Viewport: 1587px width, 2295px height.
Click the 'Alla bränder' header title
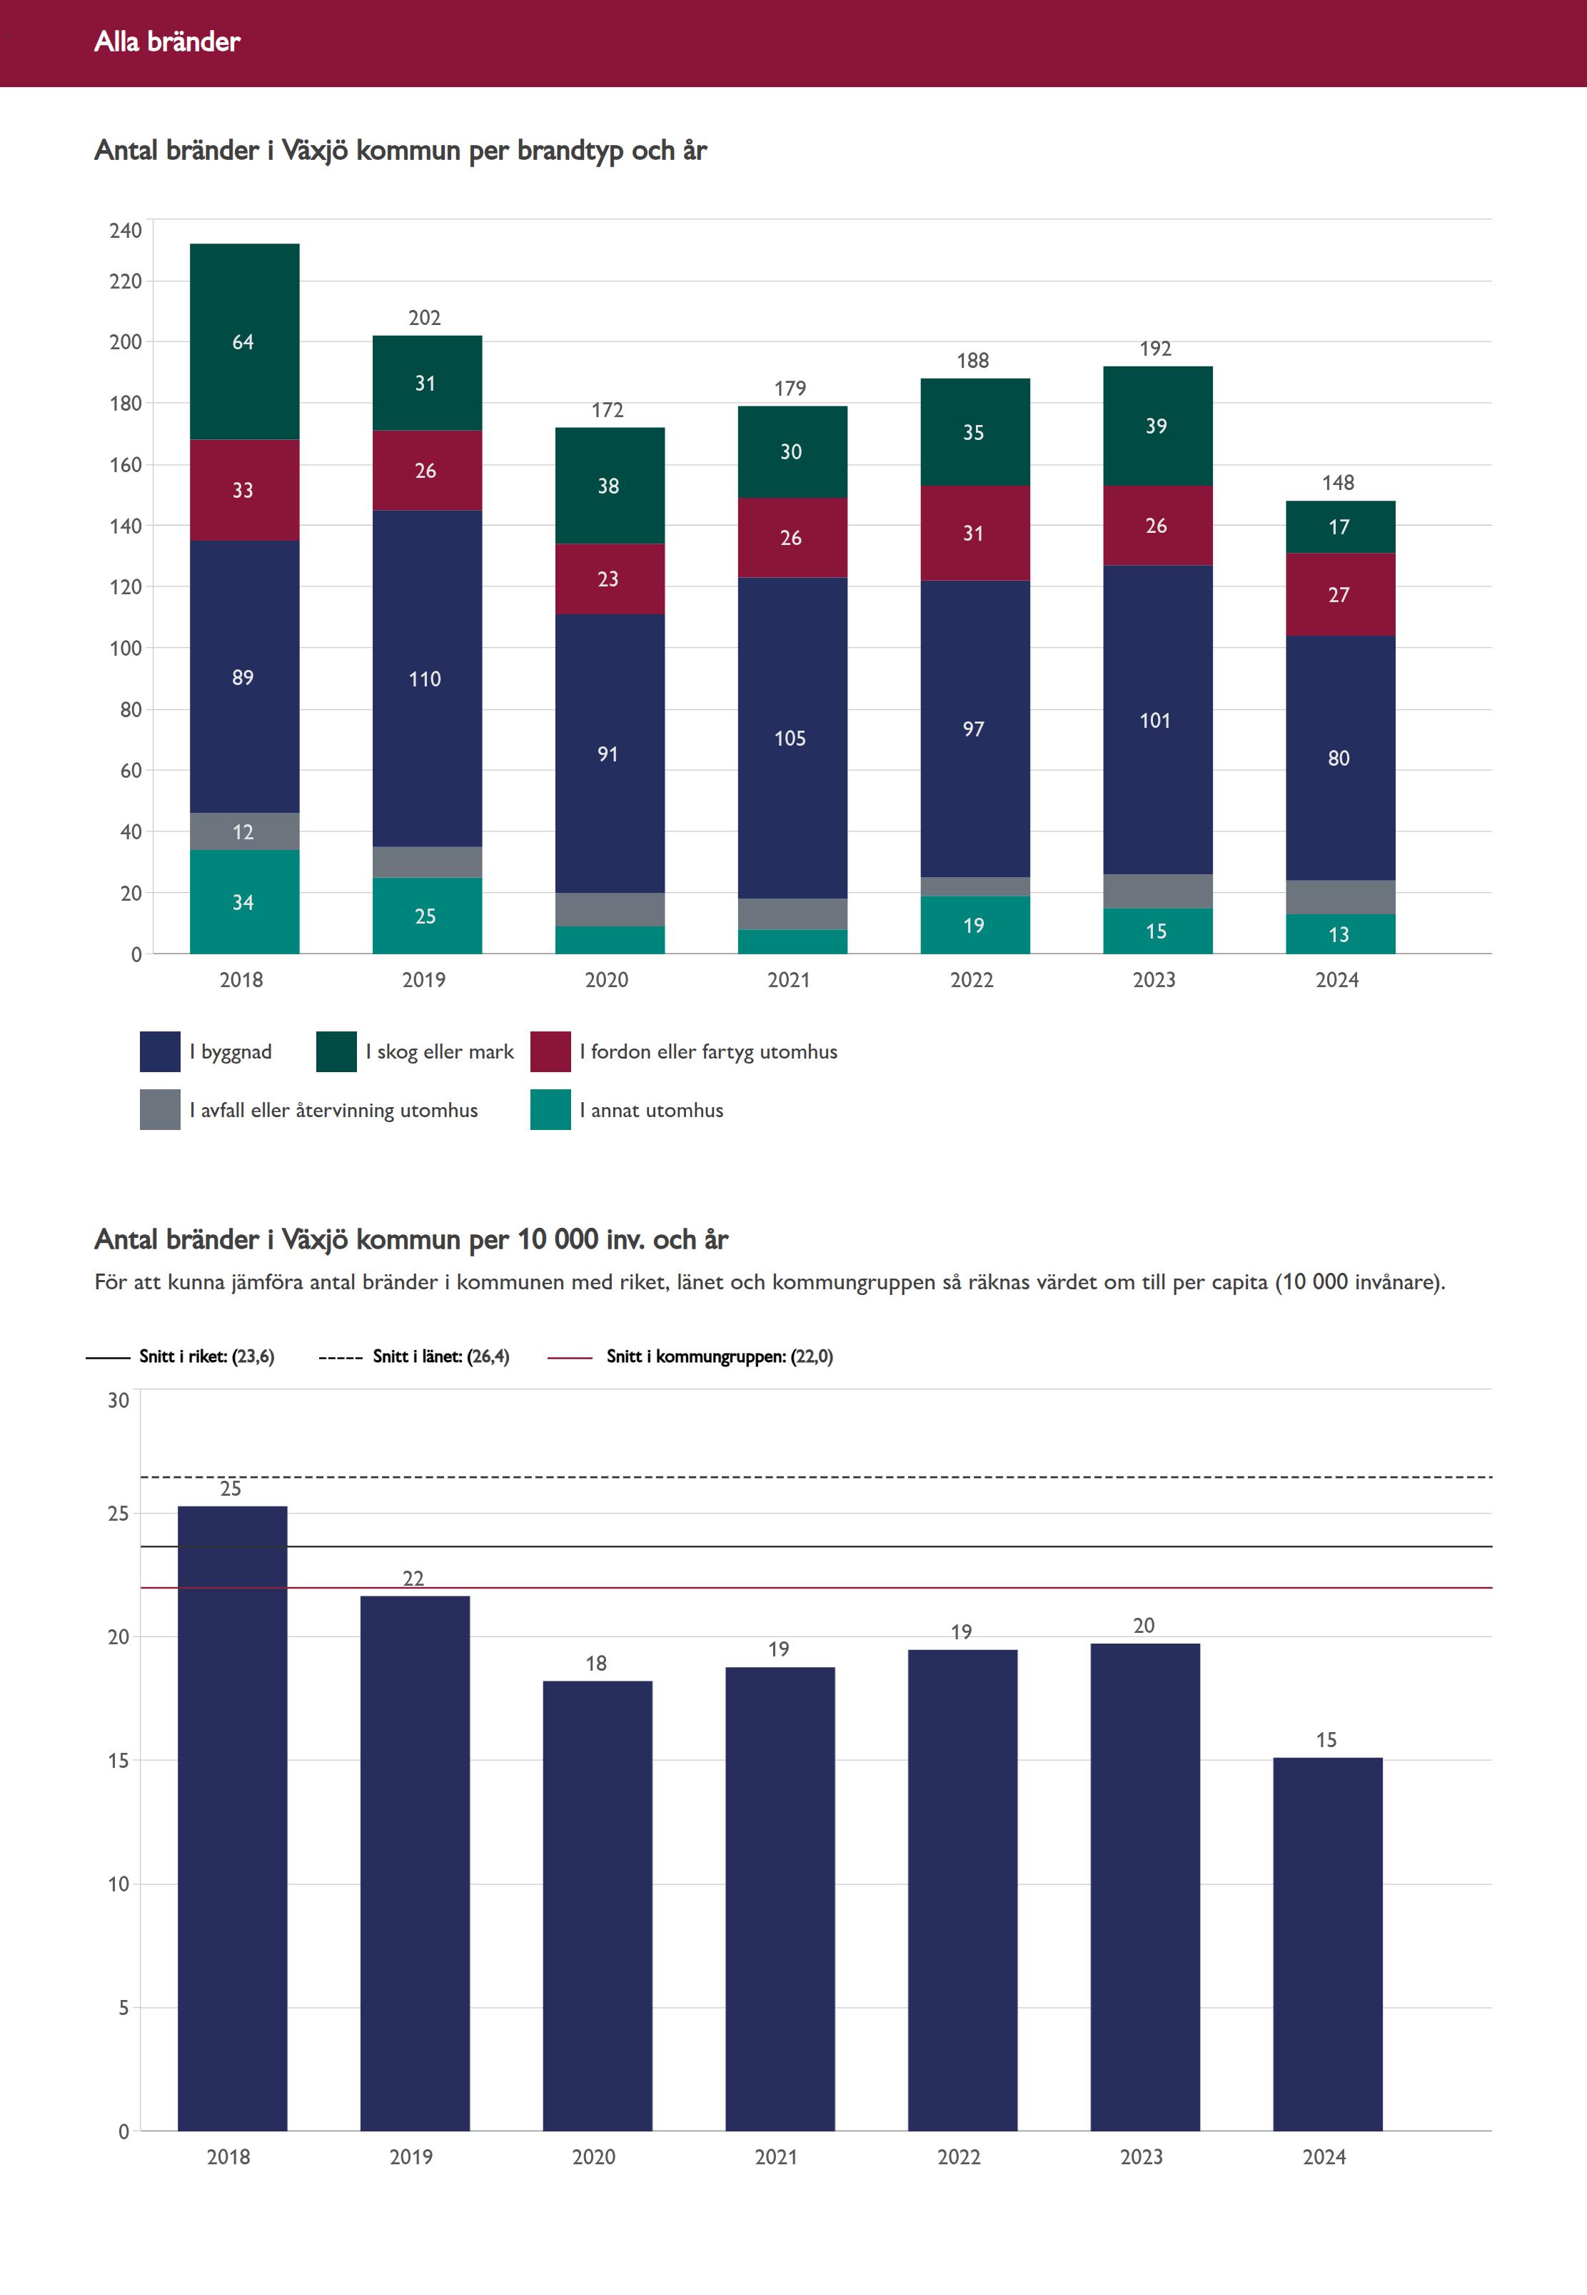(x=167, y=41)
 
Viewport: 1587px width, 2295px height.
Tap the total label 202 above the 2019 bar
(x=425, y=317)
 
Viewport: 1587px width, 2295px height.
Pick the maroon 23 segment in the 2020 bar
(x=608, y=579)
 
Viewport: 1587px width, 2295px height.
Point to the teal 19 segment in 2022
(x=974, y=925)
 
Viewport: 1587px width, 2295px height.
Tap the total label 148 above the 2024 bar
(x=1339, y=482)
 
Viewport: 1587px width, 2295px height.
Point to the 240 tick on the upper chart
(x=126, y=231)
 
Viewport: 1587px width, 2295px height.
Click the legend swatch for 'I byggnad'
(x=159, y=1051)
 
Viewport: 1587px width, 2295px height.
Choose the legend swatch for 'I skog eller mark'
(x=336, y=1051)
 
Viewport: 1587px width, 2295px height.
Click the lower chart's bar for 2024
(x=1327, y=1945)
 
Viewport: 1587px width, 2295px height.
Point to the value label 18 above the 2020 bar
(x=595, y=1664)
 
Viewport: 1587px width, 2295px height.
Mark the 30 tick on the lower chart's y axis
(x=119, y=1401)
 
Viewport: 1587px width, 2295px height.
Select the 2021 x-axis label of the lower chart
(x=777, y=2156)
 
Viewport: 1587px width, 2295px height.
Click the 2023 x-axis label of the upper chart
(x=1154, y=980)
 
